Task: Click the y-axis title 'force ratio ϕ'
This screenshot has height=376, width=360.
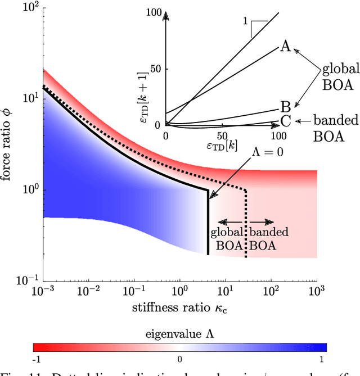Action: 10,144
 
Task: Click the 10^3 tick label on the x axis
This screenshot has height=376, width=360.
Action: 318,292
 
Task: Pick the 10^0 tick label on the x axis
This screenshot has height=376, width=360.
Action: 181,292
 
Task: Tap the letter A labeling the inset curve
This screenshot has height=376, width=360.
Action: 285,47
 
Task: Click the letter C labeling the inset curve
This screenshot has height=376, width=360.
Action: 285,120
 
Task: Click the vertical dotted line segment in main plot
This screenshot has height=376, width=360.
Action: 246,225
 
